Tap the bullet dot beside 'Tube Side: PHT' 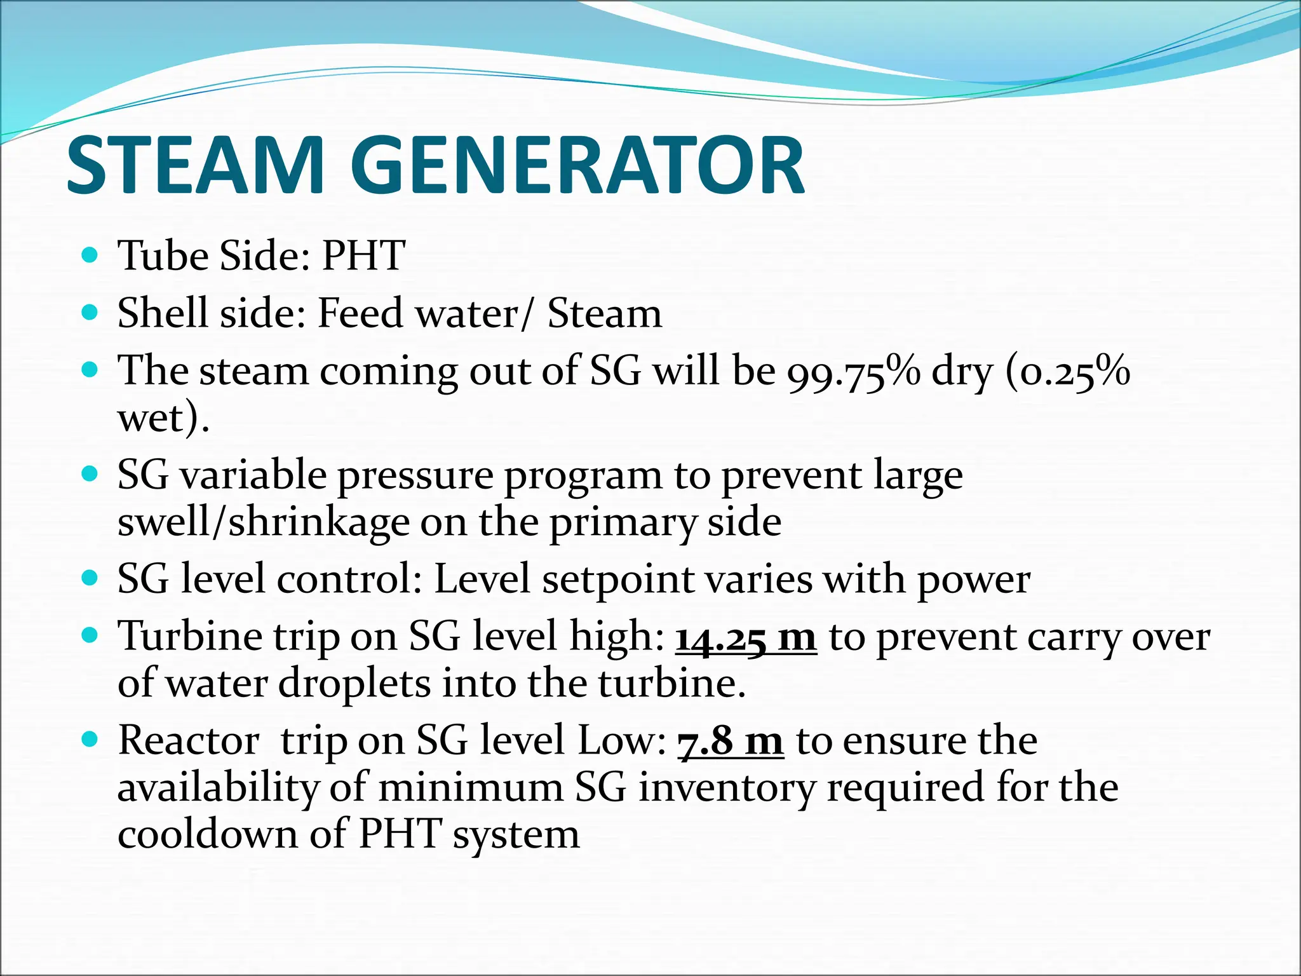tap(90, 256)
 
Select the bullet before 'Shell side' tap(90, 313)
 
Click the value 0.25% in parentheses tap(1074, 372)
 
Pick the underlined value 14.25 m tap(746, 637)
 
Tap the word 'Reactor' tap(189, 741)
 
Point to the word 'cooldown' tap(208, 834)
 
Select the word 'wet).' tap(163, 419)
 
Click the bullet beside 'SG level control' tap(90, 579)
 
